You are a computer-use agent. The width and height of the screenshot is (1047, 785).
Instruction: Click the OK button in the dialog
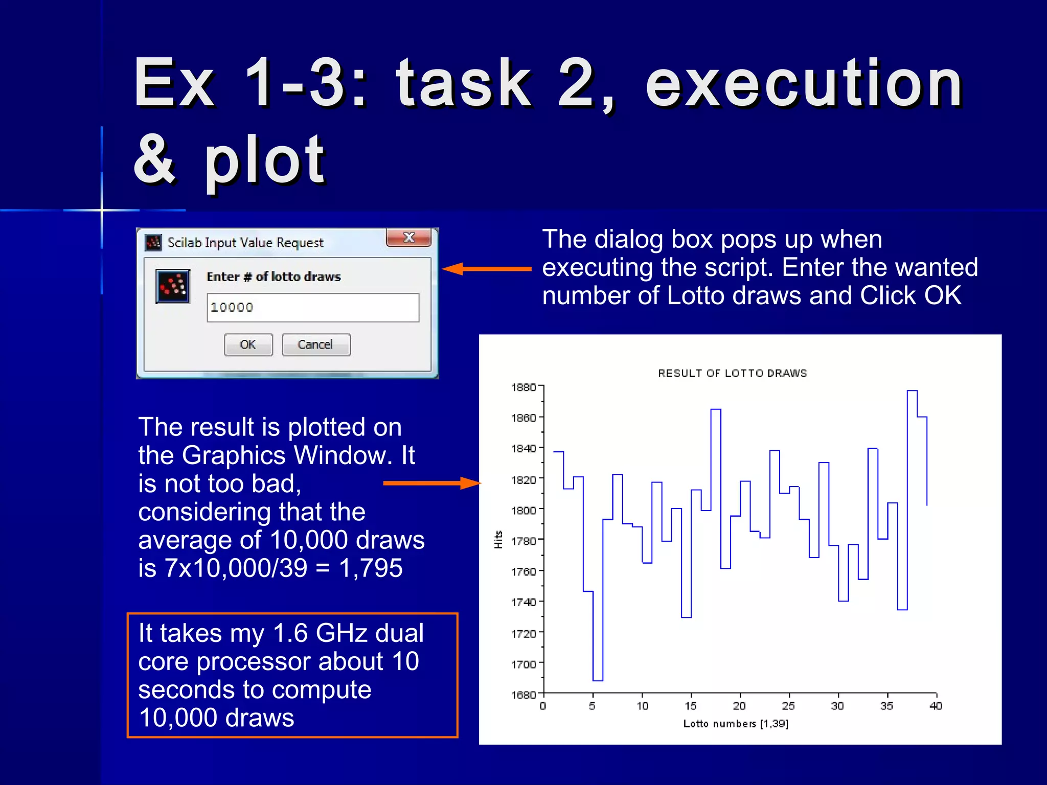tap(248, 345)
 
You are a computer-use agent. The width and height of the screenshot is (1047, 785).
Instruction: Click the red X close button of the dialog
tap(408, 238)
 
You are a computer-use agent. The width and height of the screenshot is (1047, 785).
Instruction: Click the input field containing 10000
tap(312, 308)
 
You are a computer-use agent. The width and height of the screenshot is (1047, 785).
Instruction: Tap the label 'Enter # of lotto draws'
tap(274, 277)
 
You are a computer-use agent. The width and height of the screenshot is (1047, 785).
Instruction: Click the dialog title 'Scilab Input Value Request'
tap(245, 243)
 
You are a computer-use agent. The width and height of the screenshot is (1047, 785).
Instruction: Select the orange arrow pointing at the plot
tap(432, 483)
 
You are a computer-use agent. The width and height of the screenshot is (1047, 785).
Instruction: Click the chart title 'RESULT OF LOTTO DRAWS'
tap(732, 374)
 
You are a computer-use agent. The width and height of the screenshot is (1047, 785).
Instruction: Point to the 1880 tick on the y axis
tap(524, 387)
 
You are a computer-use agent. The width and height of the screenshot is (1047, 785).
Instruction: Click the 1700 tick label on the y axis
tap(524, 664)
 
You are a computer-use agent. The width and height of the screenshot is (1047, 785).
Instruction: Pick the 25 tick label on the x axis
tap(788, 706)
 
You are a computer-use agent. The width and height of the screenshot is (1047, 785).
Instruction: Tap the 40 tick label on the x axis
tap(935, 706)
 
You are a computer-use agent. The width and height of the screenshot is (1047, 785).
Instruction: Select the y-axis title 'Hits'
tap(498, 540)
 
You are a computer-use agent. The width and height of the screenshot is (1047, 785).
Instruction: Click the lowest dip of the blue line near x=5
tap(598, 680)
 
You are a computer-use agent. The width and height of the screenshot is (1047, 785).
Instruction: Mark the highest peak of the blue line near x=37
tap(912, 391)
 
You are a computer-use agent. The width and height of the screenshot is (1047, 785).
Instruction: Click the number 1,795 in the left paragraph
tap(371, 568)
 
